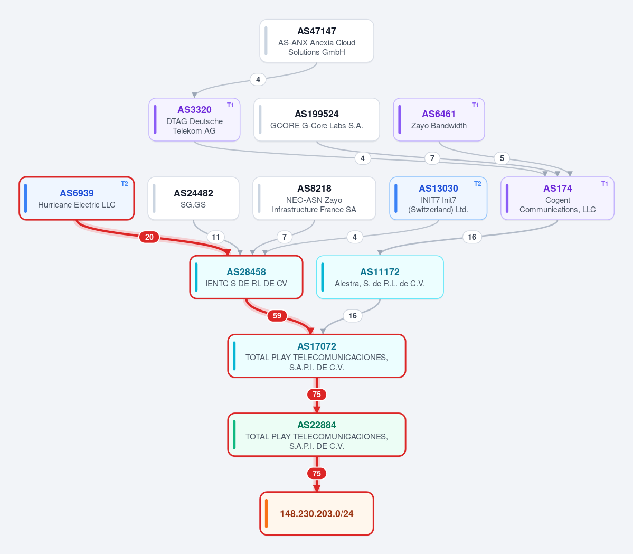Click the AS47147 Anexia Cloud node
(x=317, y=41)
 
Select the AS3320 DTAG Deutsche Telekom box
(x=194, y=119)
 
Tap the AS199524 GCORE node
(x=317, y=119)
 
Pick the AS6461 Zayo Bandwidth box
(x=439, y=119)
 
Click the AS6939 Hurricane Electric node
(x=77, y=198)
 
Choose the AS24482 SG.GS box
(x=193, y=198)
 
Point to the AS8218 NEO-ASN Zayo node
(x=314, y=198)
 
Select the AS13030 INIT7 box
(x=438, y=198)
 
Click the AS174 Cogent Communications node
(x=558, y=198)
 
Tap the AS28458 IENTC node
(x=246, y=277)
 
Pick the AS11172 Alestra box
(x=380, y=277)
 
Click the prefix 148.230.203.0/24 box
(x=317, y=514)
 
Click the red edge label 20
(x=149, y=237)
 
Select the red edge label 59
(x=277, y=316)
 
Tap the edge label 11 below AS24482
(x=215, y=237)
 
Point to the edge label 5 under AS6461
(x=502, y=158)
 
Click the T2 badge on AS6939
(x=125, y=184)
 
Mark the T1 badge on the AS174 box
(x=604, y=184)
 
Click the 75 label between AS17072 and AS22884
(x=317, y=395)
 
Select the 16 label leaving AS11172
(x=353, y=316)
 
